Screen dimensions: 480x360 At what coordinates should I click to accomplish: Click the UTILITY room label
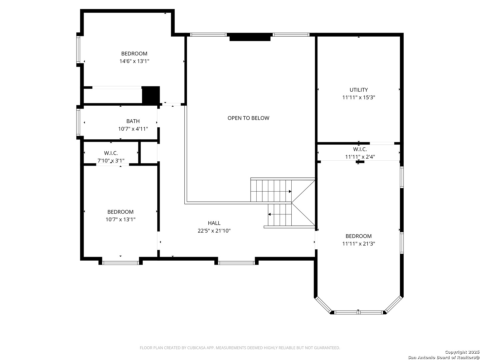tap(358, 90)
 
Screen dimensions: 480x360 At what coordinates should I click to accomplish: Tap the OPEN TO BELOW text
tap(248, 118)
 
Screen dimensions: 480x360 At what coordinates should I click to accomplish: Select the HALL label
tap(214, 223)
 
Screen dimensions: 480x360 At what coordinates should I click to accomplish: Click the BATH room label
tap(133, 121)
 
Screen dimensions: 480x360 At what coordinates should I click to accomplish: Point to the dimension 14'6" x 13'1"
tap(134, 61)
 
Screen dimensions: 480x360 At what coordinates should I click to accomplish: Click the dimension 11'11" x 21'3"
tap(358, 243)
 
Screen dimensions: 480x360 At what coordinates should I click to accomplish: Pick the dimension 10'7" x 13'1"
tap(120, 219)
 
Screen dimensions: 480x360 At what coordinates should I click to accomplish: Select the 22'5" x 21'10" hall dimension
tap(214, 231)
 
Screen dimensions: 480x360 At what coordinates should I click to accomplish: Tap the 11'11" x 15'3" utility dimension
tap(358, 97)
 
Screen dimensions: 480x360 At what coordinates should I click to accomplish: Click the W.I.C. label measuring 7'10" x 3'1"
tap(111, 153)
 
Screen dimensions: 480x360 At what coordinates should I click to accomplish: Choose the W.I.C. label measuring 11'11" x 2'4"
tap(360, 149)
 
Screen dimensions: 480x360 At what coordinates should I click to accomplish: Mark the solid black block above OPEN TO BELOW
tap(250, 37)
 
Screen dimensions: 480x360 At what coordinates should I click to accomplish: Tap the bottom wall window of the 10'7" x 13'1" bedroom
tap(120, 263)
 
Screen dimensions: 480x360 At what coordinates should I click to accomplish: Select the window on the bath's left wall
tap(78, 122)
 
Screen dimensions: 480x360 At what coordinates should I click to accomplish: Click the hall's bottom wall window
tap(236, 263)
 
